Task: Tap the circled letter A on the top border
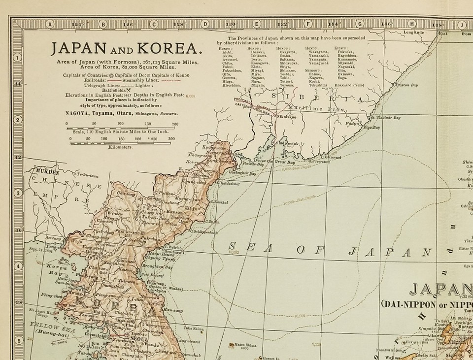click(49, 23)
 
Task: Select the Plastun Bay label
click(407, 85)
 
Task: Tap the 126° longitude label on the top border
click(128, 23)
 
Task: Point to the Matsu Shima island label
click(246, 344)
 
